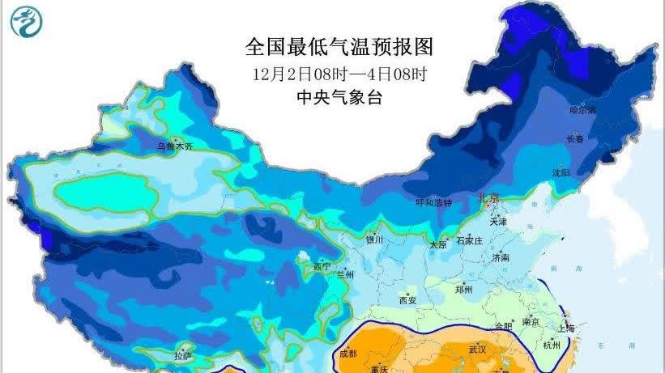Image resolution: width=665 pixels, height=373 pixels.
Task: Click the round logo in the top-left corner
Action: coord(27,24)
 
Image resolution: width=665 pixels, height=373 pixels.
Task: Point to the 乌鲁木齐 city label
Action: coord(176,147)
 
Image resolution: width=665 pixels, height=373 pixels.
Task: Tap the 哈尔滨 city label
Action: coord(582,109)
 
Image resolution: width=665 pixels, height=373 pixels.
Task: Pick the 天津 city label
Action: coord(497,221)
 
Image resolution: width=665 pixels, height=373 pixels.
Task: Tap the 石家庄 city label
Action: coord(469,241)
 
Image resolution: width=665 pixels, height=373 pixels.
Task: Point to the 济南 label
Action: coord(500,257)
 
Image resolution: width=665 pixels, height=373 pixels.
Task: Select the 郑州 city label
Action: coord(463,289)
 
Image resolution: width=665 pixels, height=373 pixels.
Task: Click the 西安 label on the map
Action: coord(407,300)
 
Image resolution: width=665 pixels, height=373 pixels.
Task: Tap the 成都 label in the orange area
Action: coord(347,354)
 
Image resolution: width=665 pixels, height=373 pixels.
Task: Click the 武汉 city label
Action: coord(477,350)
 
